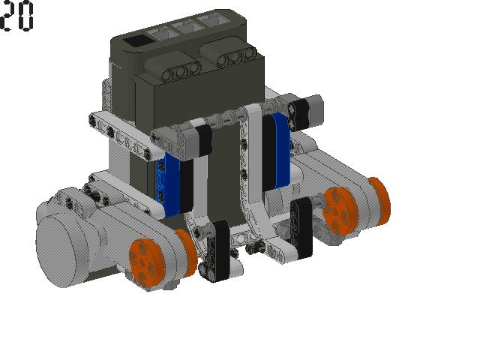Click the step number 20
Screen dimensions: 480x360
pos(16,15)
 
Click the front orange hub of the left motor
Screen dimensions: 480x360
pos(146,262)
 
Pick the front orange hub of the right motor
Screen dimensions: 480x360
pos(340,211)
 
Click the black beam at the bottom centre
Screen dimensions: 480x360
pos(218,251)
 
